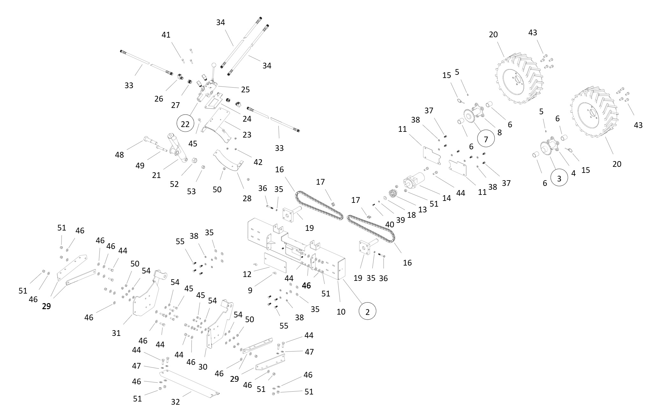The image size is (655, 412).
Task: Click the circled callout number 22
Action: point(185,124)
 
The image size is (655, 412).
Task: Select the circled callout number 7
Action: point(486,139)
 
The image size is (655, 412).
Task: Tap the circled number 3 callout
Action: point(559,179)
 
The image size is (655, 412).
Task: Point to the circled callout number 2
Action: point(367,312)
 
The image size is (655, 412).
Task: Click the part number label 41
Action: point(166,35)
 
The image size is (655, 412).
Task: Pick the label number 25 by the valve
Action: point(245,89)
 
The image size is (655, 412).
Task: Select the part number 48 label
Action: point(119,155)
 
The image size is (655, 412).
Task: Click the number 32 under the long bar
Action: point(175,402)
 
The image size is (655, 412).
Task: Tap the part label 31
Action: point(116,333)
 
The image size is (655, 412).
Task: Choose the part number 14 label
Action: point(447,198)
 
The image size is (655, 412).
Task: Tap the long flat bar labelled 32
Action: point(191,383)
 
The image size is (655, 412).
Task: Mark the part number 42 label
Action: point(258,162)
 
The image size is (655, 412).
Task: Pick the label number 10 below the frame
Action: point(341,312)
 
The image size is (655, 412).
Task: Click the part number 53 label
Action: point(191,191)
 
